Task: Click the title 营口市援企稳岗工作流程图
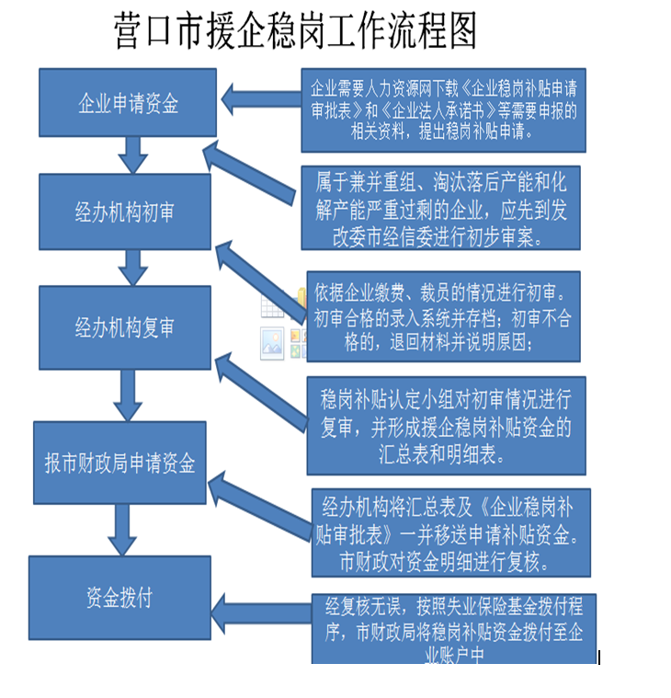point(295,31)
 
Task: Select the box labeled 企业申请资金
point(128,102)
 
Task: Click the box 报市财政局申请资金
point(119,463)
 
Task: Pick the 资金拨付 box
point(119,598)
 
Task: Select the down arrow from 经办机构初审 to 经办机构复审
point(134,268)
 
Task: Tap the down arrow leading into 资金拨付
point(121,531)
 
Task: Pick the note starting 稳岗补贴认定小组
point(446,425)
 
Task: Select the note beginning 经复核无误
point(453,627)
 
